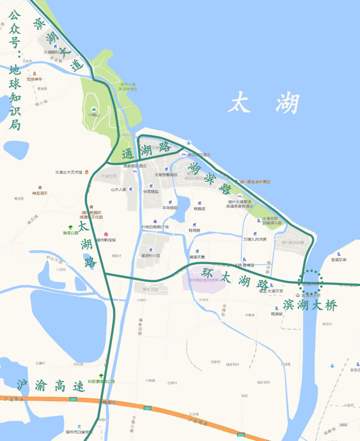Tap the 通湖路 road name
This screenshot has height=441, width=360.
tap(146, 148)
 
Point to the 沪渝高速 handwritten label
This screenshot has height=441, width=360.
tap(51, 385)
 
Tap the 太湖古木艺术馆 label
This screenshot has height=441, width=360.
tap(69, 172)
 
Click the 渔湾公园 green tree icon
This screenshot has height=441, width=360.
tap(70, 227)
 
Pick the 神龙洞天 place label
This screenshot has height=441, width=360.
tap(39, 193)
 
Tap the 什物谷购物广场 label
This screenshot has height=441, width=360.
tap(155, 227)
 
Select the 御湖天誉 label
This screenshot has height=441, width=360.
tap(197, 257)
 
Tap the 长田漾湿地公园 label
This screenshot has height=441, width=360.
tap(101, 382)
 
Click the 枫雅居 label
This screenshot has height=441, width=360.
tap(199, 208)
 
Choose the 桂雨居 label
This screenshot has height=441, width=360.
tap(194, 230)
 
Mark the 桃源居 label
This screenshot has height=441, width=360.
tap(277, 314)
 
